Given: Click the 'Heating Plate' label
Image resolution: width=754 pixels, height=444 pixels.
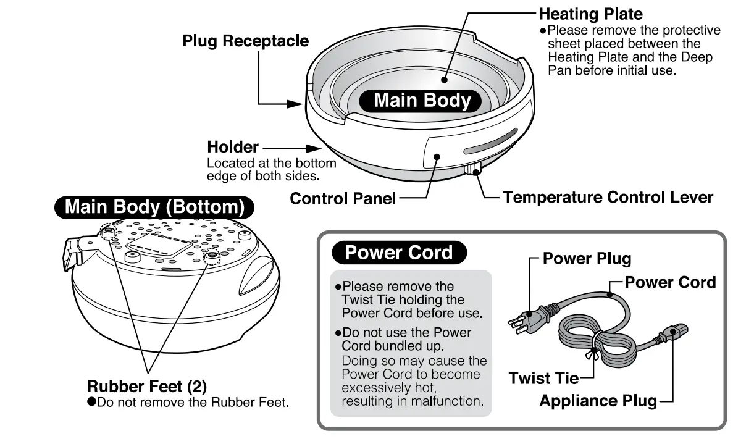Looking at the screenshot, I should [x=590, y=14].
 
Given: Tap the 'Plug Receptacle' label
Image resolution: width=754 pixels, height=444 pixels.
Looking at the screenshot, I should [x=245, y=41].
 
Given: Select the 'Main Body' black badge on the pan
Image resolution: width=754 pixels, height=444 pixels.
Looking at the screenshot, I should [x=422, y=101].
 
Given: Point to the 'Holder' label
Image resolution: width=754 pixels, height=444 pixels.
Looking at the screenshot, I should [x=232, y=148].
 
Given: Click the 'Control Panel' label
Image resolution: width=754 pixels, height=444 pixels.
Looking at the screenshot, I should [x=343, y=198].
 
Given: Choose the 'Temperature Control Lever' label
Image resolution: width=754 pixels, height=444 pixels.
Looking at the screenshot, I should [x=608, y=198].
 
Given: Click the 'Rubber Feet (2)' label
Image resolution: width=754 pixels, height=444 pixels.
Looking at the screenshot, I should [x=147, y=387].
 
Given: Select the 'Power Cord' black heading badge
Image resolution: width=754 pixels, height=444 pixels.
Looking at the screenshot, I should [x=398, y=253].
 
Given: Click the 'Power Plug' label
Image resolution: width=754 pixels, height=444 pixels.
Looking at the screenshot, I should [x=587, y=259].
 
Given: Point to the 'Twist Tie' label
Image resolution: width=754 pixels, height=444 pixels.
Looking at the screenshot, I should [x=543, y=378].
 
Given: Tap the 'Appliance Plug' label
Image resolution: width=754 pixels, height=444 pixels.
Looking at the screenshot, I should [x=598, y=401].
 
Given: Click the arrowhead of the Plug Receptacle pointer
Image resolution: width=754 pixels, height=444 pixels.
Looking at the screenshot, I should [x=297, y=104].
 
